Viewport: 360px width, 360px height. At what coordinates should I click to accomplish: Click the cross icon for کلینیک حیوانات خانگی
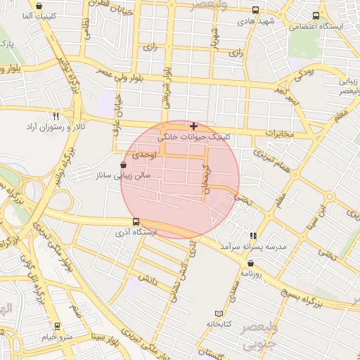click(194, 126)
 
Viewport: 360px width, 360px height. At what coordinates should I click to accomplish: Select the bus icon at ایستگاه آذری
click(136, 221)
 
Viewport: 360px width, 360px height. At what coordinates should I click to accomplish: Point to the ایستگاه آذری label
click(136, 231)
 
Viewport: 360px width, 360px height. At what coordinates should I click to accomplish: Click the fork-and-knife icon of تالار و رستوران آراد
click(56, 116)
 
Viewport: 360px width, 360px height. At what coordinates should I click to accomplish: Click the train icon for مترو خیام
click(57, 326)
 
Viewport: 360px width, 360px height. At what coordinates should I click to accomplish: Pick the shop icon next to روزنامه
click(250, 264)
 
